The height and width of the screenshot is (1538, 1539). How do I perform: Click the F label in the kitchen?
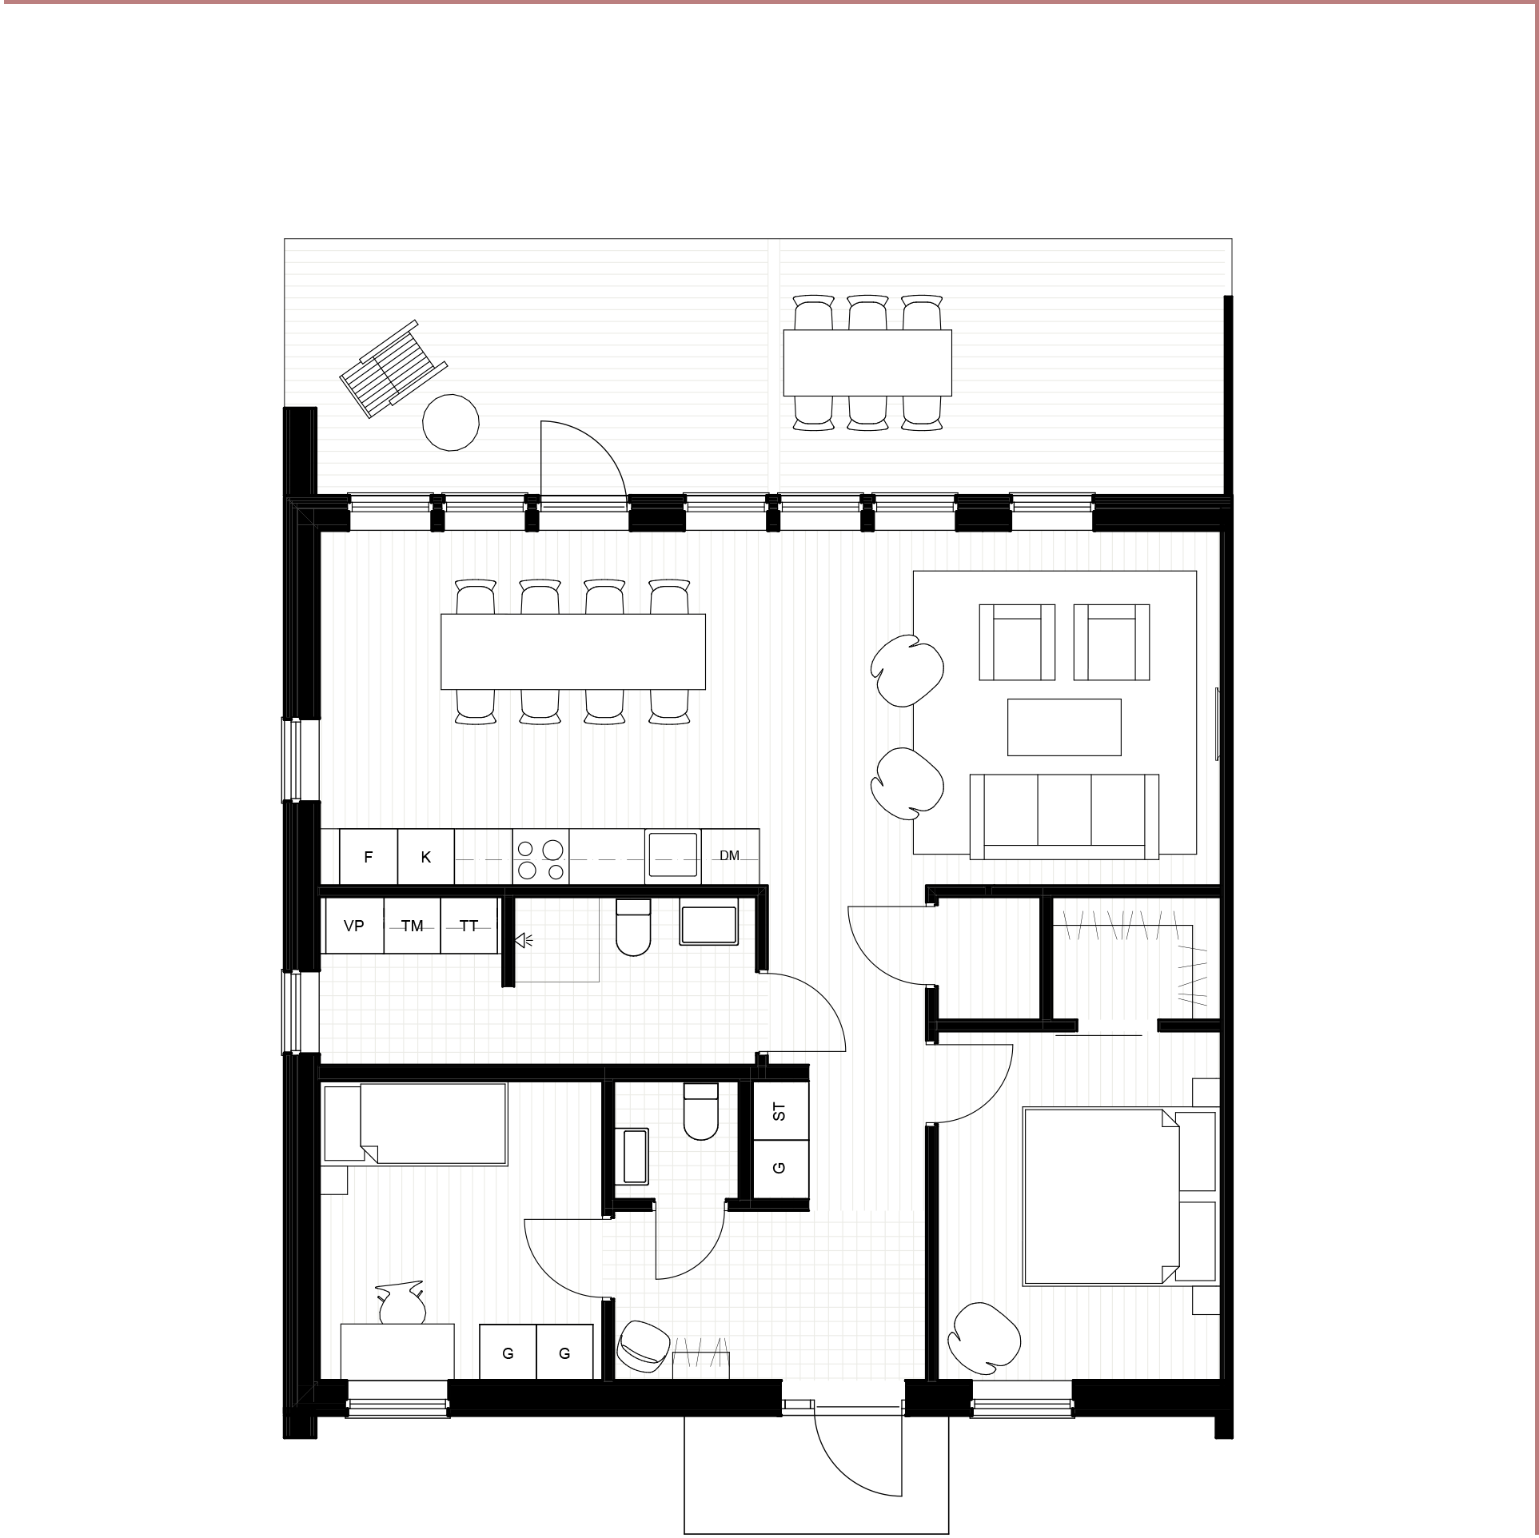click(368, 857)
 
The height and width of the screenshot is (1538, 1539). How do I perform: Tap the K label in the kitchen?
click(425, 857)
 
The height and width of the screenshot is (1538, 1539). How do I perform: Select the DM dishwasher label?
click(729, 855)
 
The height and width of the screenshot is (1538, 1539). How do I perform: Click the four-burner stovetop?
click(540, 857)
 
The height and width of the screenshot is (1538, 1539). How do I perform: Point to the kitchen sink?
click(673, 855)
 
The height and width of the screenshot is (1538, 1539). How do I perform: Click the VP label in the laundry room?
click(353, 926)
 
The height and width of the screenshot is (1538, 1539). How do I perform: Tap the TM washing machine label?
click(412, 926)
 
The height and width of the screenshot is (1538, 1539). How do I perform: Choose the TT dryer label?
click(468, 926)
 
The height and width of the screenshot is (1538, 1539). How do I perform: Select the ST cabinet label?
click(779, 1112)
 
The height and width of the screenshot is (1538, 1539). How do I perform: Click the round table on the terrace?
click(451, 422)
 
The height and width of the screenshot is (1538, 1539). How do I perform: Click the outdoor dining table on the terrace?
click(867, 363)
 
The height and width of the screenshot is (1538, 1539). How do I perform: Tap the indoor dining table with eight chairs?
click(573, 651)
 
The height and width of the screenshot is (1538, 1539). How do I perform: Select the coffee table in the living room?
click(1064, 727)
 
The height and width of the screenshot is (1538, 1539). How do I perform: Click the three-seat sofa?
click(1064, 816)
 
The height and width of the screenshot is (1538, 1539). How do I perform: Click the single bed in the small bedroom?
click(414, 1123)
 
